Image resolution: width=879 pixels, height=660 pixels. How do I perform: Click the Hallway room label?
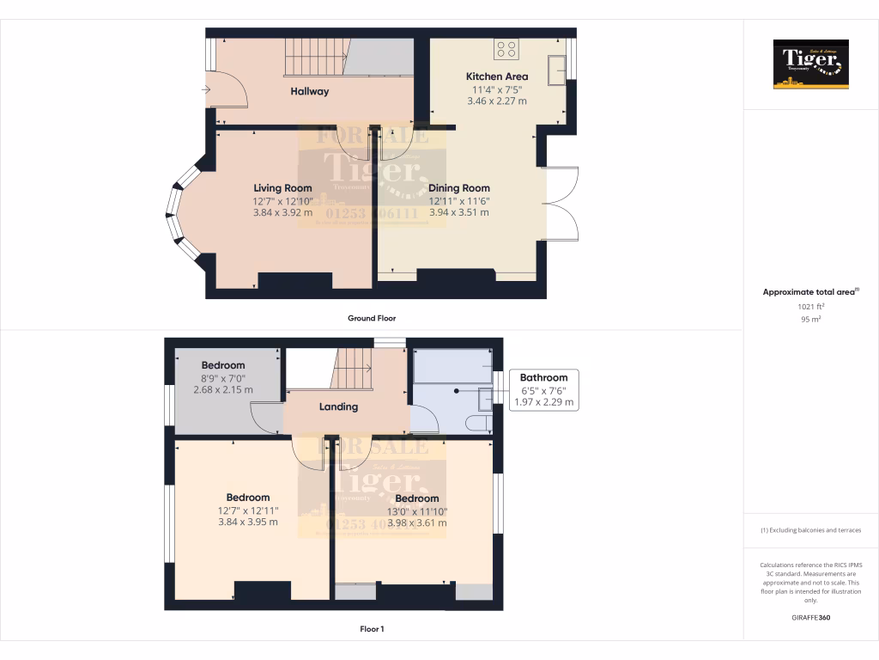pos(309,91)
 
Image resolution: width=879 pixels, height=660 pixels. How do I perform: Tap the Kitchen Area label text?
pos(497,76)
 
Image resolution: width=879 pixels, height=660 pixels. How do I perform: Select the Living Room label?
pos(282,188)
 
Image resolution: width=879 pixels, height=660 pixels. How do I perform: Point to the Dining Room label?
pos(459,188)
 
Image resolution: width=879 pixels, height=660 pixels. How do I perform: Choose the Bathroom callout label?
pos(543,377)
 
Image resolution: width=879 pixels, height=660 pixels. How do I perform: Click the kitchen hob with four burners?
pos(506,48)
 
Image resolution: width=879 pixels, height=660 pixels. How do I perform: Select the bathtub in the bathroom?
pos(452,365)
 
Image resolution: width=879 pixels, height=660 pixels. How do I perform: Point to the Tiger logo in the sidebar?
pos(810,64)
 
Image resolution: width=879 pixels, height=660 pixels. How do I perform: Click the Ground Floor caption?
pos(372,318)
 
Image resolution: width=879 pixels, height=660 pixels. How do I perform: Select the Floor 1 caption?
pos(372,629)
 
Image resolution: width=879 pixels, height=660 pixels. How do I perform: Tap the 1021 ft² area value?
pos(810,306)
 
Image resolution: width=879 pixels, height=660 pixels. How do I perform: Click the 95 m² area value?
pos(810,319)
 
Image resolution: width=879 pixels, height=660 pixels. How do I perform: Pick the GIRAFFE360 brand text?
pos(810,617)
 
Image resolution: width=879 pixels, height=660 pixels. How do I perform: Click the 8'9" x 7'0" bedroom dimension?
pos(223,378)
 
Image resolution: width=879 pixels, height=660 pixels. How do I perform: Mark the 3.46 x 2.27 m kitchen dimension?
pos(497,101)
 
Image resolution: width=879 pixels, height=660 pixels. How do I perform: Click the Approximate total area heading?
pos(809,292)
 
